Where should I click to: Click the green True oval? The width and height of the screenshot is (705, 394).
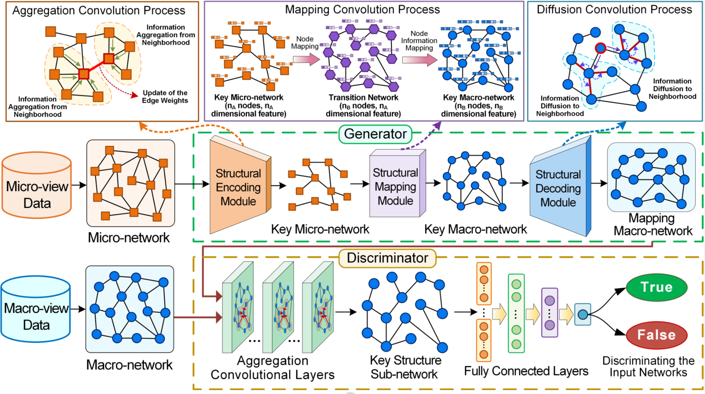(x=656, y=287)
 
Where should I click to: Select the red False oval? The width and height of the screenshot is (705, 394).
(x=656, y=335)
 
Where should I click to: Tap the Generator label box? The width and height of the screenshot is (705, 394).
(x=375, y=134)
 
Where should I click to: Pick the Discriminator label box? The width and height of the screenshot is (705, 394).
(x=387, y=258)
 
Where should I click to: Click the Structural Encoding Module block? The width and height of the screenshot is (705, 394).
(x=238, y=187)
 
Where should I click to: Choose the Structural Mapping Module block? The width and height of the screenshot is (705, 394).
(x=396, y=187)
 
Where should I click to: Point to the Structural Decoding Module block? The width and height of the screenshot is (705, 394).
(x=558, y=188)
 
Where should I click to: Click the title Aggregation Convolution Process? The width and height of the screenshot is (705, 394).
(x=99, y=11)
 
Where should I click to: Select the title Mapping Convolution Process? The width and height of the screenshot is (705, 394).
(x=362, y=10)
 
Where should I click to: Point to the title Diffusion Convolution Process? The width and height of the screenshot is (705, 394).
(x=614, y=10)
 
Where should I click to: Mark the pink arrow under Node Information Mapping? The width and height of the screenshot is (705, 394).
(x=419, y=60)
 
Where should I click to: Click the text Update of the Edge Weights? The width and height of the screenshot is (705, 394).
(x=165, y=97)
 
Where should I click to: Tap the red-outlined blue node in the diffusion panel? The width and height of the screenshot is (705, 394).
(x=600, y=48)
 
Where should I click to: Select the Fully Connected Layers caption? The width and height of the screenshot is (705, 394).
(x=526, y=371)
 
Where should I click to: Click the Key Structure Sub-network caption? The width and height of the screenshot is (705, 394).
(x=405, y=367)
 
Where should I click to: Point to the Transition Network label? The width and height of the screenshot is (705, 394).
(x=363, y=98)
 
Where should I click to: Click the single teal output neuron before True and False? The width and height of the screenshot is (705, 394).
(x=582, y=314)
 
